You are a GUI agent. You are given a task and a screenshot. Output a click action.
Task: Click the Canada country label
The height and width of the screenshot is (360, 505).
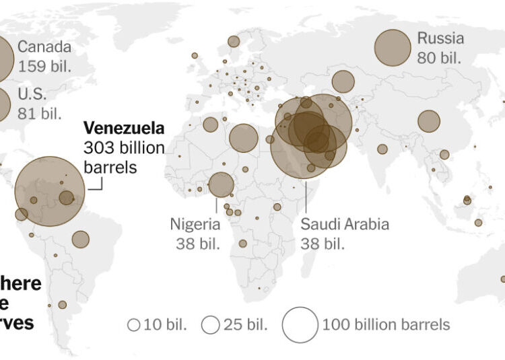(x=45, y=47)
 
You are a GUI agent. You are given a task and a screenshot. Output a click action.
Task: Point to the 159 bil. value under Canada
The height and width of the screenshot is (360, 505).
(x=45, y=67)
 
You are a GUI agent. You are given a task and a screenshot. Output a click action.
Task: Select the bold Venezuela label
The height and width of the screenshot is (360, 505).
(x=123, y=128)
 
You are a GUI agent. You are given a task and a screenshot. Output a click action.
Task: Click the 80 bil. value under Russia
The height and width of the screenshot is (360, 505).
(x=440, y=57)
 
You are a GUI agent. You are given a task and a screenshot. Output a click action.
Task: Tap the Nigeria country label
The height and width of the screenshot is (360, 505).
(x=195, y=224)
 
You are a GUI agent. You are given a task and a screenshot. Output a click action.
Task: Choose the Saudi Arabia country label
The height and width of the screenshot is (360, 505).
(x=345, y=224)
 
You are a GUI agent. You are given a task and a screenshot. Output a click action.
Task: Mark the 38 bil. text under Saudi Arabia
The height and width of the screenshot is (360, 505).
(x=323, y=244)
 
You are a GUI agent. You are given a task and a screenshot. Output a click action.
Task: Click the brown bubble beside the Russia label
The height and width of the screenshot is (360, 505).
(x=393, y=48)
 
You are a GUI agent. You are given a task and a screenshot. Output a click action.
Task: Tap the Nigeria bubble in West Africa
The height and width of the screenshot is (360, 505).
(x=221, y=184)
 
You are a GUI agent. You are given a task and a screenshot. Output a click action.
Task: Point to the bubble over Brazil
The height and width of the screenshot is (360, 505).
(x=81, y=239)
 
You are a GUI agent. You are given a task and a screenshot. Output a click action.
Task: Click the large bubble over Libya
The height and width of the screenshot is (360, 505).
(x=244, y=138)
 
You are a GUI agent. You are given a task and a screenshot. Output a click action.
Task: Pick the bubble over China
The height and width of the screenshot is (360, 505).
(x=429, y=121)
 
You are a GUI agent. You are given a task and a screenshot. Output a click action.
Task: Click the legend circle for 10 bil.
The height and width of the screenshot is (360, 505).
(x=134, y=325)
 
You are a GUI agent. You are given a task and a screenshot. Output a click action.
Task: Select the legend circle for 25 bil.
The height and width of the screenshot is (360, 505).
(x=211, y=325)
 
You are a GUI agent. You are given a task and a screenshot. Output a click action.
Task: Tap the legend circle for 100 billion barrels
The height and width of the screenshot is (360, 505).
(x=300, y=324)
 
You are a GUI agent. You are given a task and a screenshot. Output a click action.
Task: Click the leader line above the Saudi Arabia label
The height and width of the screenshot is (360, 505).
(x=306, y=195)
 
